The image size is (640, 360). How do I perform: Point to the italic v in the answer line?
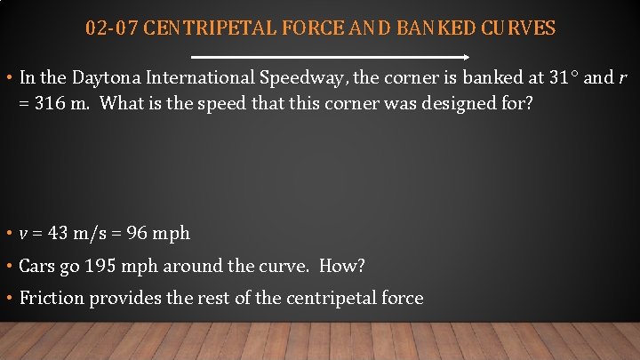(x=23, y=234)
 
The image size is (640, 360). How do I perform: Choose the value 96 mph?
(x=159, y=234)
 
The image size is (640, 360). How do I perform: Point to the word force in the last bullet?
(x=401, y=298)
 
